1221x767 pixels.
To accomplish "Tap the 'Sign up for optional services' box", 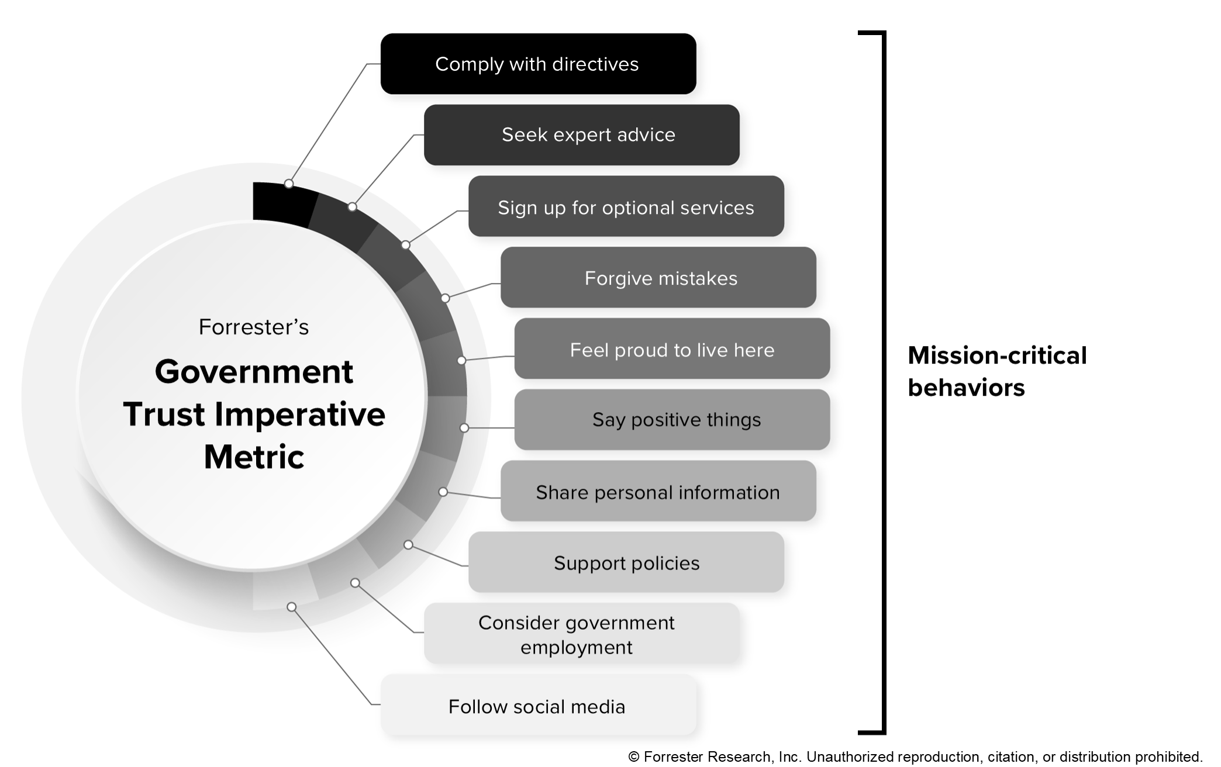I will [626, 206].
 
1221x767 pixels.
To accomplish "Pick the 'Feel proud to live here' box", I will [672, 349].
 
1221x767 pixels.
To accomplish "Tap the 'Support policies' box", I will [626, 562].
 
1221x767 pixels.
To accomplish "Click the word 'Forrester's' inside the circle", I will [254, 327].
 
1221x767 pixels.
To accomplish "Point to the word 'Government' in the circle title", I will [254, 372].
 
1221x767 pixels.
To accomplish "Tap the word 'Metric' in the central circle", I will [254, 457].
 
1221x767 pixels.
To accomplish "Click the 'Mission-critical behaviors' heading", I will [996, 371].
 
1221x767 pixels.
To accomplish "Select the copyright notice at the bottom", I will [915, 757].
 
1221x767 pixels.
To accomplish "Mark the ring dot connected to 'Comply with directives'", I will [289, 184].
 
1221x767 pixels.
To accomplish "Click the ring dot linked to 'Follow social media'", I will [292, 607].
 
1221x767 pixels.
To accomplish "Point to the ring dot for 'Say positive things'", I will [464, 428].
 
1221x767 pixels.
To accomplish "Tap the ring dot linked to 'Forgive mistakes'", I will [445, 298].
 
